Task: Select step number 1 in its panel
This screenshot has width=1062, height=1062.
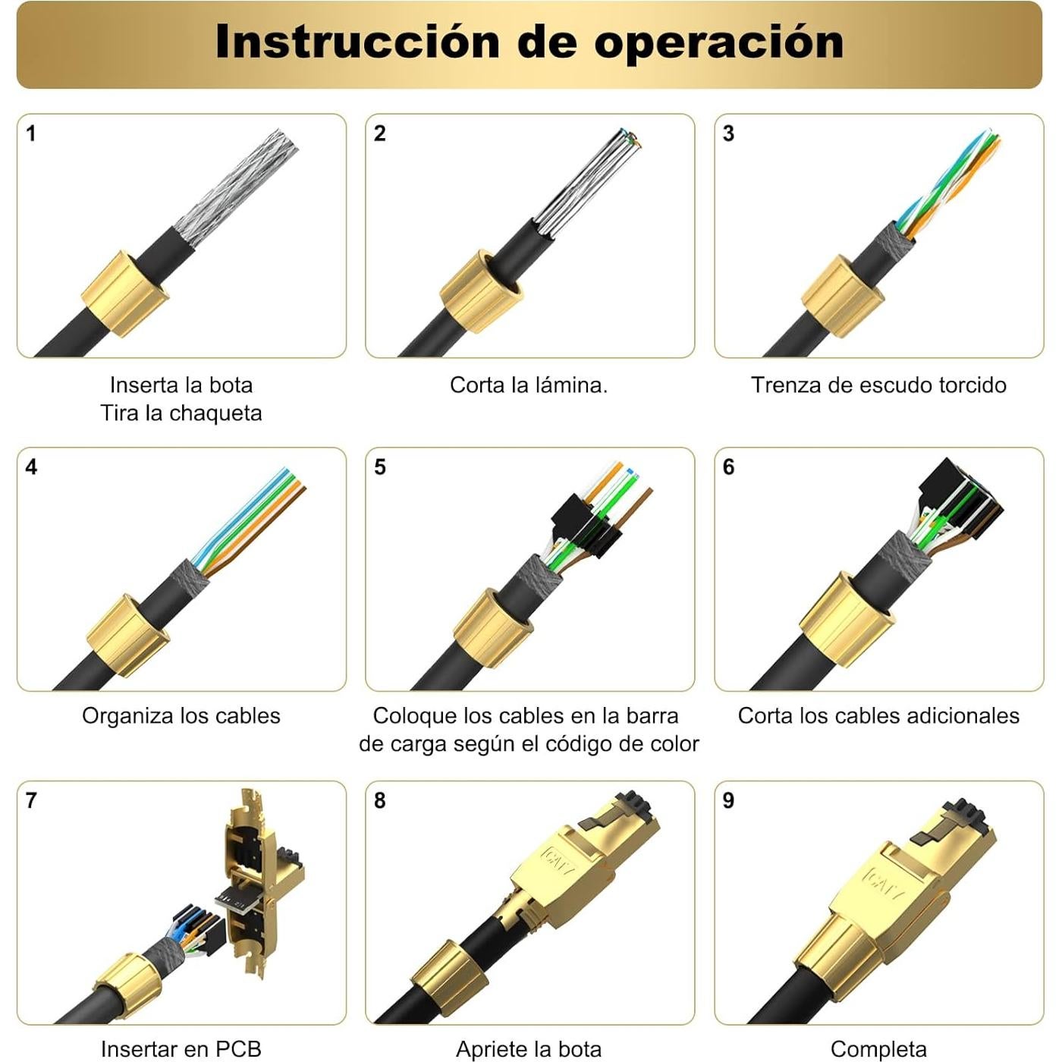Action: click(31, 134)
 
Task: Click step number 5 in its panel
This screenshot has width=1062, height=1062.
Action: click(380, 467)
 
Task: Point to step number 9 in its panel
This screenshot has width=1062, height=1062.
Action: click(728, 801)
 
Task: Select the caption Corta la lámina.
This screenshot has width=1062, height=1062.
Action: click(529, 385)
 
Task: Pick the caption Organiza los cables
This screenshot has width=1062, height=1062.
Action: click(181, 716)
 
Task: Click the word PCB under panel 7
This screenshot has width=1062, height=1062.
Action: click(238, 1049)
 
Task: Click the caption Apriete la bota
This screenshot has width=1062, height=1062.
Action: click(529, 1049)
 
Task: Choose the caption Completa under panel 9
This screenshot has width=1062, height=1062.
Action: click(878, 1049)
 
